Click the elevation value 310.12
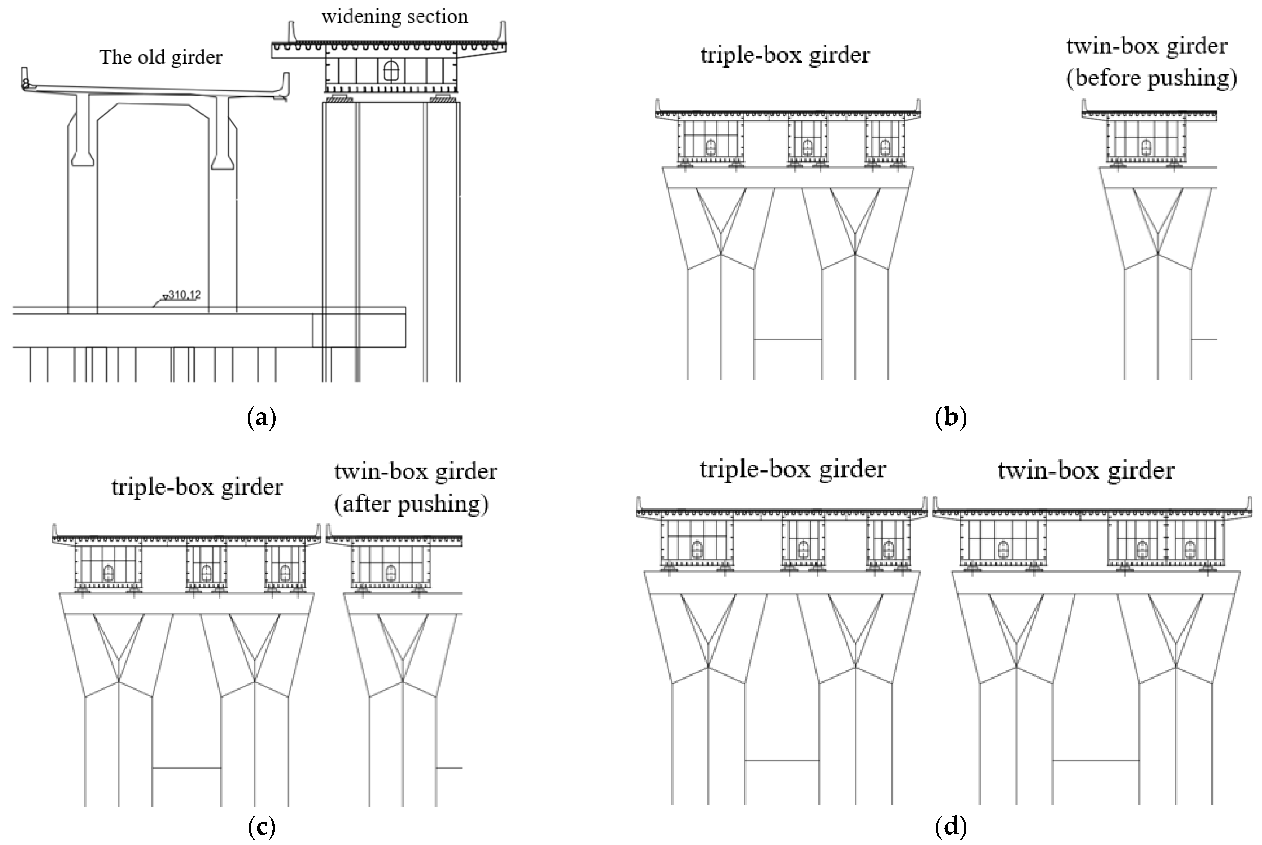pyautogui.click(x=184, y=295)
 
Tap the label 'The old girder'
pyautogui.click(x=161, y=57)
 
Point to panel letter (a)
pyautogui.click(x=262, y=418)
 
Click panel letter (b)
pyautogui.click(x=951, y=418)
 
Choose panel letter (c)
pyautogui.click(x=262, y=826)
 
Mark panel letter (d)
pyautogui.click(x=951, y=826)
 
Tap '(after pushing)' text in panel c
pyautogui.click(x=411, y=504)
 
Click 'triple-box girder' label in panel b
pyautogui.click(x=784, y=55)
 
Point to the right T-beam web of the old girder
pyautogui.click(x=222, y=129)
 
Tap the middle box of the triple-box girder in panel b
pyautogui.click(x=807, y=140)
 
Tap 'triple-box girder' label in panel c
pyautogui.click(x=197, y=487)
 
